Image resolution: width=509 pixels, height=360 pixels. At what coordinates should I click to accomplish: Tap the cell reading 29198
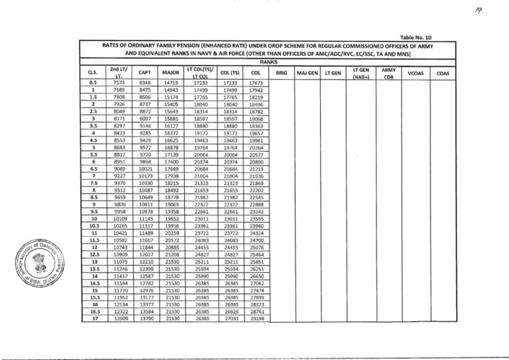click(256, 319)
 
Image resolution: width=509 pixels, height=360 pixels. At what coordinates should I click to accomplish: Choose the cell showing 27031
click(229, 319)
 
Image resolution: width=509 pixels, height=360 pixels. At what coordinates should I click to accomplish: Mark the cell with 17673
click(256, 83)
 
